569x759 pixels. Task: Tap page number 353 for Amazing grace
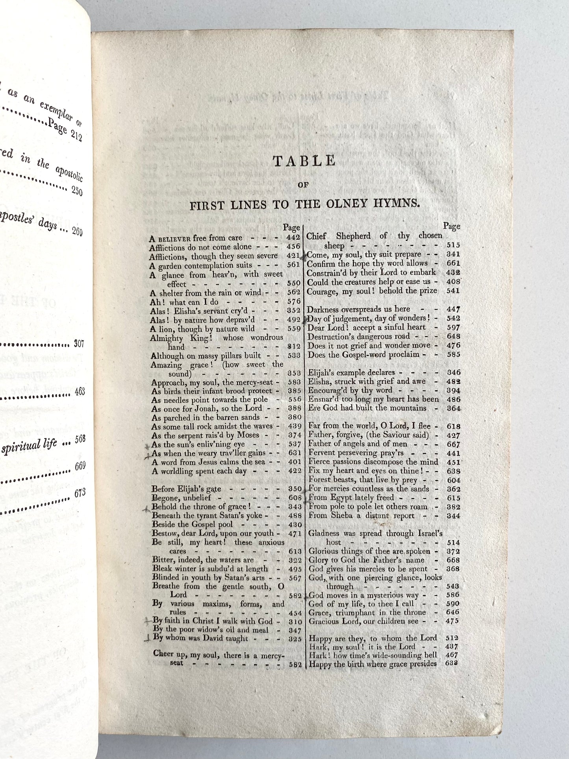click(294, 373)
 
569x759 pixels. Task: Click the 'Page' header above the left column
click(292, 227)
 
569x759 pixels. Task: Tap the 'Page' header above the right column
click(452, 226)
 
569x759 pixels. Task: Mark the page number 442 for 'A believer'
click(294, 238)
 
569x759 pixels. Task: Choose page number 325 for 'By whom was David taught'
click(294, 639)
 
